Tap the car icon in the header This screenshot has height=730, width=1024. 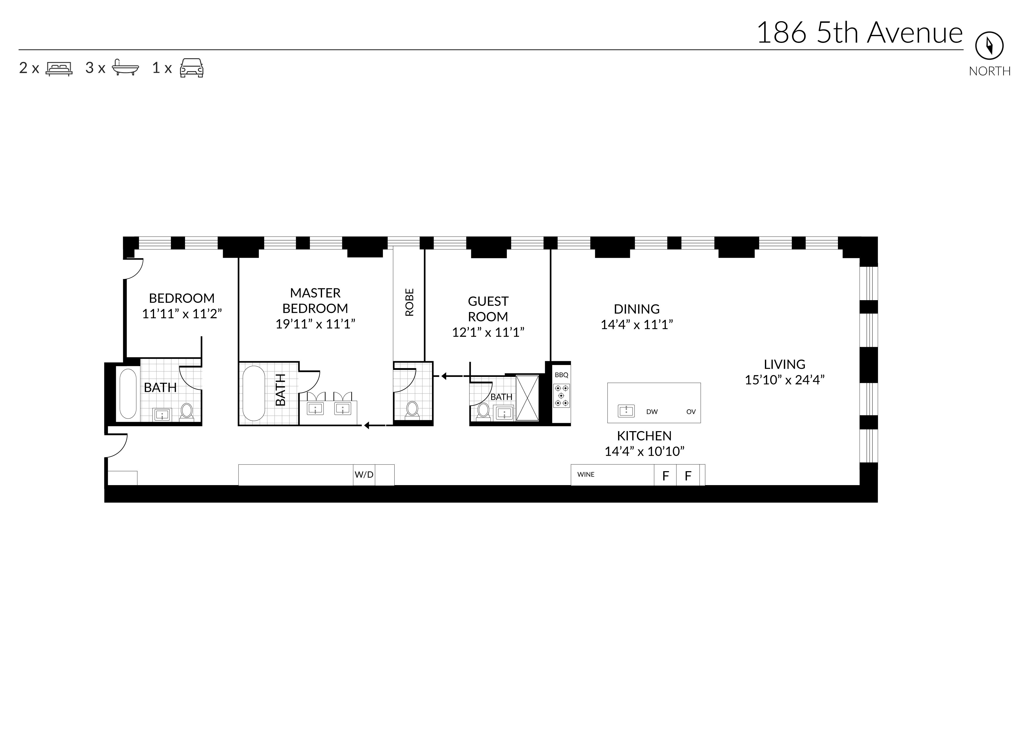pyautogui.click(x=191, y=68)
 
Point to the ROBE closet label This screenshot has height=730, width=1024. pyautogui.click(x=409, y=302)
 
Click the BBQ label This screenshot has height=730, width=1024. pyautogui.click(x=561, y=375)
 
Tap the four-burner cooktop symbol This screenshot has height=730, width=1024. pyautogui.click(x=561, y=395)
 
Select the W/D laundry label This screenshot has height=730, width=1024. pyautogui.click(x=364, y=475)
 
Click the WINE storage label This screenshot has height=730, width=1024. pyautogui.click(x=586, y=474)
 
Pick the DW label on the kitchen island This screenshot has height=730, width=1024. pyautogui.click(x=652, y=412)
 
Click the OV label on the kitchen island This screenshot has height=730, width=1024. pyautogui.click(x=691, y=412)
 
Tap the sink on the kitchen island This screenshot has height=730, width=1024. pyautogui.click(x=626, y=411)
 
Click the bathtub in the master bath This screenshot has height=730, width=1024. pyautogui.click(x=253, y=393)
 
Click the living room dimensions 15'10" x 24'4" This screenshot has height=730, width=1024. pyautogui.click(x=785, y=380)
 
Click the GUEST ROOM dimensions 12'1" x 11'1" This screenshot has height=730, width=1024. pyautogui.click(x=488, y=332)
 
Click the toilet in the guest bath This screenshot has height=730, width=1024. pyautogui.click(x=483, y=411)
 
